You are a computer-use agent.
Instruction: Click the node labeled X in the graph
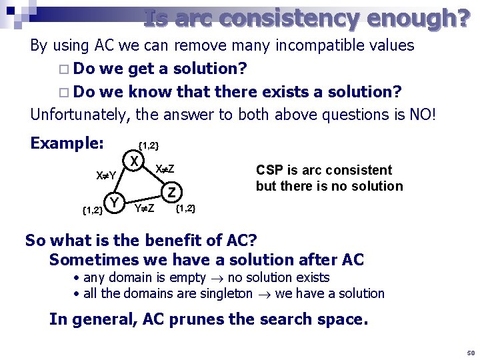coord(135,162)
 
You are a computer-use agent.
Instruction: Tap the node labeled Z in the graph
coord(172,193)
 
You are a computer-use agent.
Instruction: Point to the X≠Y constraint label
coord(106,175)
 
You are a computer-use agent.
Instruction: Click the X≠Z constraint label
coord(165,169)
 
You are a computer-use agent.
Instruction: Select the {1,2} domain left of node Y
coord(91,211)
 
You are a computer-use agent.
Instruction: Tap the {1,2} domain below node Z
coord(185,209)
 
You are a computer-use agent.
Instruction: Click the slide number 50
coord(470,353)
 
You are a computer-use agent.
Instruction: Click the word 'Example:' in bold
coord(67,143)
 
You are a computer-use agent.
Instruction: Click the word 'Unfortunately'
coord(79,114)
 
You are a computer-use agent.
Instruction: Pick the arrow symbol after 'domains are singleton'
coord(265,294)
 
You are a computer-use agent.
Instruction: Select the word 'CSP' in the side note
coord(269,170)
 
